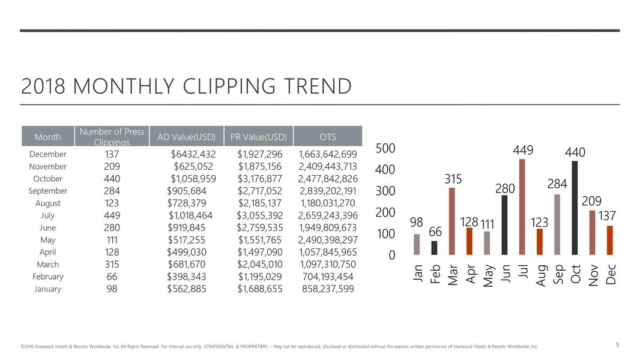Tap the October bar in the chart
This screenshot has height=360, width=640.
(575, 208)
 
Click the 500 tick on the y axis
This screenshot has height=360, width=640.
(385, 148)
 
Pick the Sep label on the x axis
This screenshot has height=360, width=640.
(558, 274)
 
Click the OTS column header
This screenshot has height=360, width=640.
(328, 137)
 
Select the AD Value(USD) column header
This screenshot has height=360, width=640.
(186, 137)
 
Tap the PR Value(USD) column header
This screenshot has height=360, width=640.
(259, 137)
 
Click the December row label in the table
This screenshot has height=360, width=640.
(47, 154)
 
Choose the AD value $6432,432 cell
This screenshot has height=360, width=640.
(193, 154)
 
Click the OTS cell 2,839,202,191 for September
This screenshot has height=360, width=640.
(328, 191)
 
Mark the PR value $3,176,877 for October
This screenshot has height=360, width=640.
(259, 179)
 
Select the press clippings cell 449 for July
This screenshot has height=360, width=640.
(112, 215)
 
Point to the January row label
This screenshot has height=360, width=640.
(47, 289)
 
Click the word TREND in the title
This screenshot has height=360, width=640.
(315, 86)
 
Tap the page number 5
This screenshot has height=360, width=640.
(617, 344)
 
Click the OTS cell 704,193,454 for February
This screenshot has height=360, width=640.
(328, 277)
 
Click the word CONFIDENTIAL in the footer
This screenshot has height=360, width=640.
(222, 346)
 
